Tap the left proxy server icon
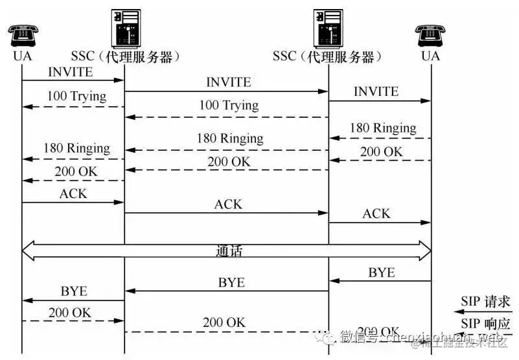coord(124,27)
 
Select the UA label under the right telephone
coord(431,56)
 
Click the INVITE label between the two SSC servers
coord(228,82)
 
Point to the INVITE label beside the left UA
coord(71,72)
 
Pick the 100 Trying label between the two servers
coord(229,105)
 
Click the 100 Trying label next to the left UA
coord(76,96)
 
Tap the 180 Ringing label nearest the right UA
coord(383,128)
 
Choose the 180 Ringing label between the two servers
coord(230,139)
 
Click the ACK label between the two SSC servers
coord(228,204)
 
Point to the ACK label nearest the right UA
coord(376,214)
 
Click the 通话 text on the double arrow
coord(229,251)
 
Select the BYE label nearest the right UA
coord(382,273)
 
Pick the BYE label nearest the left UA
coord(74,291)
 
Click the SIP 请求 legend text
coord(486,301)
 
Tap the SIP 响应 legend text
coord(486,323)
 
